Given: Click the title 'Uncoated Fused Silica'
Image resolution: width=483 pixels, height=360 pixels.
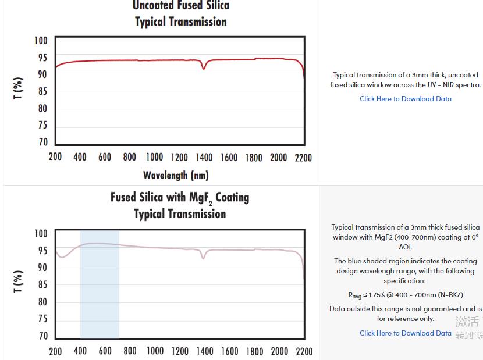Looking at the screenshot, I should [181, 6].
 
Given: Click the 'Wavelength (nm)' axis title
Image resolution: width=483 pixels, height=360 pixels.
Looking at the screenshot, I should [176, 175].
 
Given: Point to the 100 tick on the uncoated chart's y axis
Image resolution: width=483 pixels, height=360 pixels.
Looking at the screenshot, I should [41, 41].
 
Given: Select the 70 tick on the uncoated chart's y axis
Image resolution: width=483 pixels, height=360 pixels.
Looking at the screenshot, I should [42, 142].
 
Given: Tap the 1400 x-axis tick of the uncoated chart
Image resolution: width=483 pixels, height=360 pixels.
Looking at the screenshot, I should [204, 158].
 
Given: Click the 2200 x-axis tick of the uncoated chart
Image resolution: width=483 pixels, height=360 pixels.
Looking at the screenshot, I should [303, 158].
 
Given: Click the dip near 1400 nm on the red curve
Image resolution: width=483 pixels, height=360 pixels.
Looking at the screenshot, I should [204, 68].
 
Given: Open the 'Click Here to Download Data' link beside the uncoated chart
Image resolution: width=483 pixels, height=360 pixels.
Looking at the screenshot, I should [405, 99].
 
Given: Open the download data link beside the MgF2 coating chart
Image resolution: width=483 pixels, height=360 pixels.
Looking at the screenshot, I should [405, 333].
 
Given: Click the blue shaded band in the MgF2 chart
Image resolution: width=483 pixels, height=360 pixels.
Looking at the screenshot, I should [100, 291].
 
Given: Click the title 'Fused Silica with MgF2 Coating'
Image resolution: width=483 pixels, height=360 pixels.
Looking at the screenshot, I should [180, 198].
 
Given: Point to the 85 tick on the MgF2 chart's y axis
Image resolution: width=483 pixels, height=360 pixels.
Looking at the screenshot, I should [42, 285].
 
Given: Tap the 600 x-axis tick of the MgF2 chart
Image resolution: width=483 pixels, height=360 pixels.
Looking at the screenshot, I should [105, 351].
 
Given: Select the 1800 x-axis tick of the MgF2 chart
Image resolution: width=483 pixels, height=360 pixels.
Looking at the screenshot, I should [254, 351].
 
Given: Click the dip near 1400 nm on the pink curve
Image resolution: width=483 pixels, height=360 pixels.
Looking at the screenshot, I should [203, 257].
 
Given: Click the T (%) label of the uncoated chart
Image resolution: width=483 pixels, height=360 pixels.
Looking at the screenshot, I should [19, 88].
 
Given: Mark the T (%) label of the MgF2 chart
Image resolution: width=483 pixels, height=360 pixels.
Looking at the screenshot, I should [19, 282].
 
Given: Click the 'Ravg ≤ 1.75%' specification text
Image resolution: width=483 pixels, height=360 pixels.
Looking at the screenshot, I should [405, 295].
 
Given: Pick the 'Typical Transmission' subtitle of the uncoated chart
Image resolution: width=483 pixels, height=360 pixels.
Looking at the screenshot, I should [181, 22].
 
